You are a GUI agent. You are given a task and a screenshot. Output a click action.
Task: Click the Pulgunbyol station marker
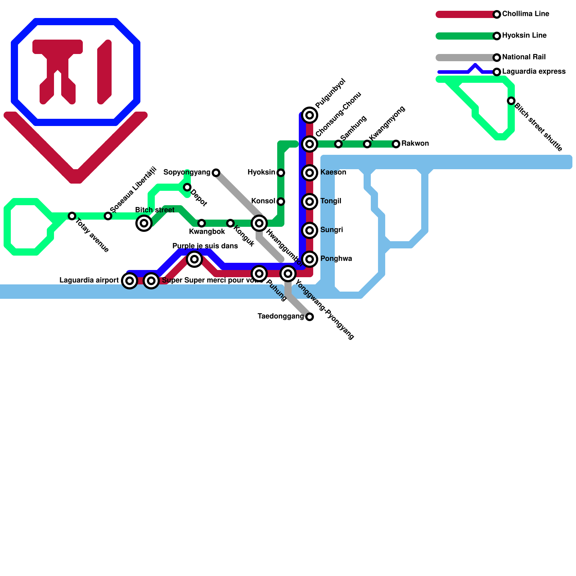[x=310, y=115]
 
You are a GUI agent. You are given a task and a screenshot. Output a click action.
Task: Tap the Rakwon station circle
[x=396, y=144]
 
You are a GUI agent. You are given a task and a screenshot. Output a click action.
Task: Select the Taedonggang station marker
[x=310, y=317]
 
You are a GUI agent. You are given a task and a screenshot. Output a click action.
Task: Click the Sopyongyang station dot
[x=216, y=173]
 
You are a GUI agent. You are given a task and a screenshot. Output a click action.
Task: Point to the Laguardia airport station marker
[x=130, y=281]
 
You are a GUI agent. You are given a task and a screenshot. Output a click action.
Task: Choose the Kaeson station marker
[x=310, y=173]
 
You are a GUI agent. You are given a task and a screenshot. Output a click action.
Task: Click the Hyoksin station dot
[x=281, y=173]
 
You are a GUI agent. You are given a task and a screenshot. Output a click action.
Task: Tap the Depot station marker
[x=187, y=187]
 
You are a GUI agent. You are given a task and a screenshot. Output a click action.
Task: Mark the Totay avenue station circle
[x=72, y=216]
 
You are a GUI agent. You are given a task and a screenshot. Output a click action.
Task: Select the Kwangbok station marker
[x=202, y=223]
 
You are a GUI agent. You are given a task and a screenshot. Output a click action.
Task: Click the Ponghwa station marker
[x=310, y=259]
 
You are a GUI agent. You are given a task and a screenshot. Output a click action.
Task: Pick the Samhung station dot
[x=338, y=144]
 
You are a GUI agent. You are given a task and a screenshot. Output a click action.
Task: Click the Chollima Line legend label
[x=526, y=14]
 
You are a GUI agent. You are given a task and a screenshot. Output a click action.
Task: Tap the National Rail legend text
[x=524, y=57]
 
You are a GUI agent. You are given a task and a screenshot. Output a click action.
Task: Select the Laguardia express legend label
[x=534, y=72]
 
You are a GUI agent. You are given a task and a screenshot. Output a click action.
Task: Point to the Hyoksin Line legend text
[x=524, y=36]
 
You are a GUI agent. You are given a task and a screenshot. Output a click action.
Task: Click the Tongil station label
[x=330, y=201]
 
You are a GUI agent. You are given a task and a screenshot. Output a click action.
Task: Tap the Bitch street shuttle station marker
[x=511, y=101]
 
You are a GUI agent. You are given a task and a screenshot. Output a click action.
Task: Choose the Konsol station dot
[x=281, y=202]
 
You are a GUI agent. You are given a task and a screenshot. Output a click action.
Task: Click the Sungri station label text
[x=331, y=230]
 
